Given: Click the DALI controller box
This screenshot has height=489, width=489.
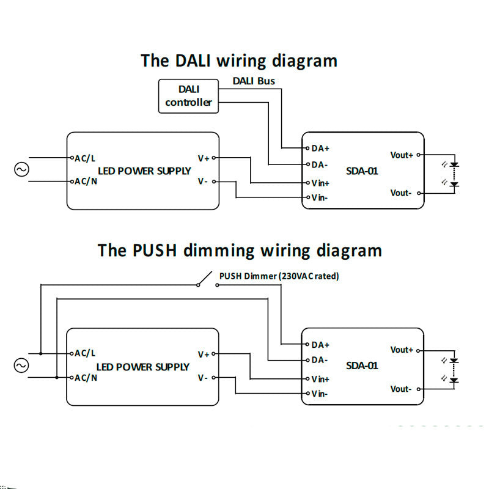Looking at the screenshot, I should pyautogui.click(x=188, y=96).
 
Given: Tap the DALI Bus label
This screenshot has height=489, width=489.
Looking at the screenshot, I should pyautogui.click(x=254, y=81).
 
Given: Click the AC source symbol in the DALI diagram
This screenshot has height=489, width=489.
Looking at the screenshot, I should pyautogui.click(x=21, y=169).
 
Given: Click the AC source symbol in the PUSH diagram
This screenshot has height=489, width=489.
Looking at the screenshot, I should pyautogui.click(x=21, y=366).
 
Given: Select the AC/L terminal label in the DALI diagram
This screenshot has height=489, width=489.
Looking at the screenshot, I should pyautogui.click(x=85, y=158).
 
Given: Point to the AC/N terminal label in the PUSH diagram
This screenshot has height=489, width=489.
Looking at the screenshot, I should pyautogui.click(x=86, y=378).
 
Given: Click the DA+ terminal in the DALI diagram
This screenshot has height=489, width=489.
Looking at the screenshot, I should pyautogui.click(x=320, y=149).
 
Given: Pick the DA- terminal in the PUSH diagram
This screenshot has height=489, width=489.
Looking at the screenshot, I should pyautogui.click(x=320, y=360).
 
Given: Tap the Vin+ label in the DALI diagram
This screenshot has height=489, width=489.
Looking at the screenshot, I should pyautogui.click(x=320, y=183).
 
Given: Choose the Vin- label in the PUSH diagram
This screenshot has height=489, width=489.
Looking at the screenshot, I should pyautogui.click(x=320, y=394).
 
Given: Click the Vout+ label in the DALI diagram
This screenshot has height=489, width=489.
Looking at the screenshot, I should pyautogui.click(x=402, y=155).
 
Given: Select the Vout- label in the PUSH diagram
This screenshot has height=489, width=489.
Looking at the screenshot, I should pyautogui.click(x=401, y=389).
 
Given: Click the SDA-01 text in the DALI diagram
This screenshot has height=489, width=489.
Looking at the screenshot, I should pyautogui.click(x=362, y=171).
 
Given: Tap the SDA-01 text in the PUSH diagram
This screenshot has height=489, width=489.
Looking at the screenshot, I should pyautogui.click(x=362, y=366).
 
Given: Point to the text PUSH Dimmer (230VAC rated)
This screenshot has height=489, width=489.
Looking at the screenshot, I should pyautogui.click(x=279, y=276).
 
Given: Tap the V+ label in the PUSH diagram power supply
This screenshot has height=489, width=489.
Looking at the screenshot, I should pyautogui.click(x=204, y=354).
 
